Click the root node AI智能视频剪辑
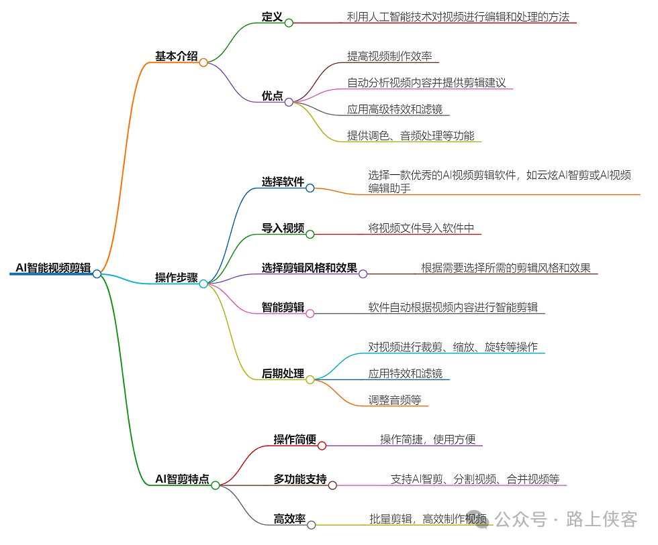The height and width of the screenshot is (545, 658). tap(53, 267)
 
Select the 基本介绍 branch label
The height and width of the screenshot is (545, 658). tap(176, 56)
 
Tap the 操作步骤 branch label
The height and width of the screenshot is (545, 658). tap(176, 278)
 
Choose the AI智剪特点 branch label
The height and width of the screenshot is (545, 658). tap(182, 479)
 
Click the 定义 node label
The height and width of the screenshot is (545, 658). tap(272, 17)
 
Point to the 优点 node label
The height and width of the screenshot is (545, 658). tap(272, 96)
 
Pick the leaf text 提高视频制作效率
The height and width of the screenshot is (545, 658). tap(389, 56)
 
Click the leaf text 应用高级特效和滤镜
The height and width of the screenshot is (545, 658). tap(394, 109)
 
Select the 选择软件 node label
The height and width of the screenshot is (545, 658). tap(283, 182)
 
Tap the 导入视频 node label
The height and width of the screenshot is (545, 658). tap(283, 229)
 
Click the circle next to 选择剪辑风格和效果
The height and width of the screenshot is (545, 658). tap(363, 274)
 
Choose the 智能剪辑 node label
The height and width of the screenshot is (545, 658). tap(283, 308)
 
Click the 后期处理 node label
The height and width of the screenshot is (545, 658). tap(283, 373)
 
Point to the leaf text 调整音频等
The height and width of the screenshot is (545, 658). tap(394, 400)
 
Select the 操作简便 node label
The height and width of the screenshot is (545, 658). tap(295, 439)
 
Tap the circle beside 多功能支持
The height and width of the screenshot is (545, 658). tap(332, 485)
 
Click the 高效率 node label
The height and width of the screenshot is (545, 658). tap(289, 518)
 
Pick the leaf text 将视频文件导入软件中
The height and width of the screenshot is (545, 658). tap(421, 229)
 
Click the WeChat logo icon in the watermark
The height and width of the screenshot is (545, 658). tap(481, 519)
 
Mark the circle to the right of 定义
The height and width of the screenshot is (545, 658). tap(289, 23)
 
